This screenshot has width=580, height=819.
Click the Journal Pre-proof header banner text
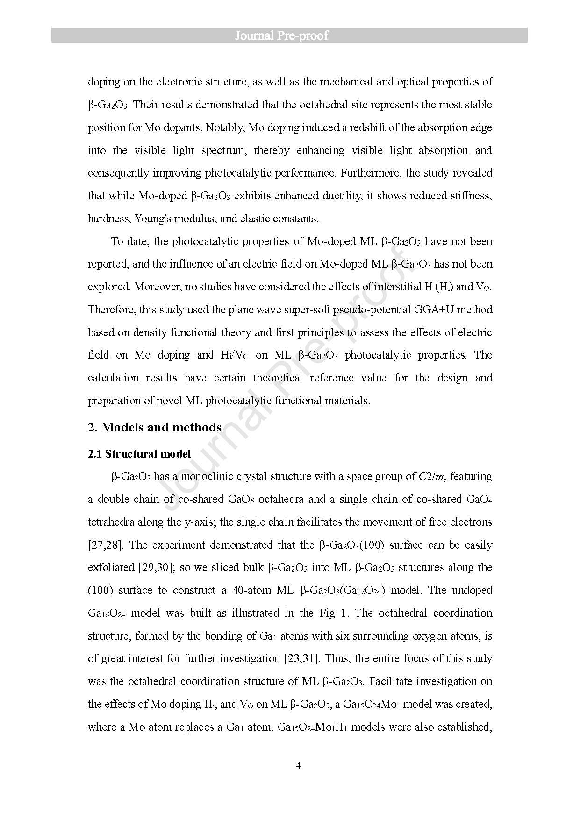click(x=281, y=35)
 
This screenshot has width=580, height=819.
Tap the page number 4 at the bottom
click(x=299, y=765)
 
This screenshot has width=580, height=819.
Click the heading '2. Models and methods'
click(x=154, y=427)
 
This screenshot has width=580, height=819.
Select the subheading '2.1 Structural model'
click(x=139, y=454)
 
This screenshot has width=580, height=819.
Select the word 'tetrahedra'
click(x=110, y=522)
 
